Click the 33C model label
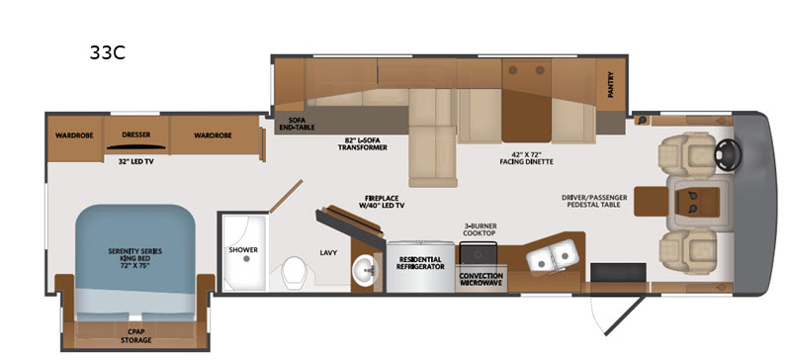tap(107, 52)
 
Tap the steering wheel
tap(728, 150)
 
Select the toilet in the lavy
tap(294, 273)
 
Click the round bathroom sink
tap(363, 269)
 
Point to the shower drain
tap(246, 258)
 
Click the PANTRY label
tap(611, 84)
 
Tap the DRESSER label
tap(136, 135)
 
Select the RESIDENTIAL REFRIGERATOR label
tap(420, 263)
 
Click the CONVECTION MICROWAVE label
tap(481, 279)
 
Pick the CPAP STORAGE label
tap(135, 336)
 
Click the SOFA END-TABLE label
tap(298, 124)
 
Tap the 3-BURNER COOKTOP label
tap(480, 229)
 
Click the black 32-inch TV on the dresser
tap(136, 147)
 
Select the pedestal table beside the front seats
tap(651, 201)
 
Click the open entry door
tap(625, 315)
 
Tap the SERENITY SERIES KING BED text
tap(135, 257)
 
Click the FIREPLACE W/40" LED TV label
tap(385, 202)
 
